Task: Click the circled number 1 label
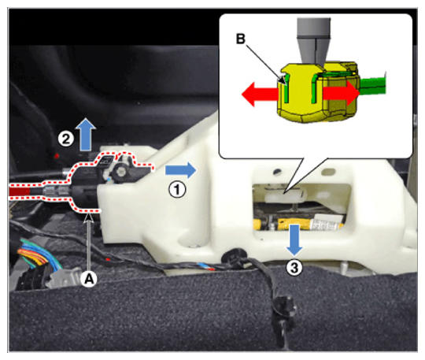[x=178, y=189]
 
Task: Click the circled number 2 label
[x=66, y=139]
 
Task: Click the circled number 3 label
[x=294, y=268]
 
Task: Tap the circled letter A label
[x=90, y=278]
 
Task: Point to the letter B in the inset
[x=241, y=39]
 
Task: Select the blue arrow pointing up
[x=86, y=134]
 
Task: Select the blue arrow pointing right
[x=180, y=170]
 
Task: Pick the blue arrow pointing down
[x=295, y=239]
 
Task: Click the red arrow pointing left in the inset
[x=260, y=95]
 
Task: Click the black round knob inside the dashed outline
[x=120, y=171]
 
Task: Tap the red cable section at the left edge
[x=20, y=191]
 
